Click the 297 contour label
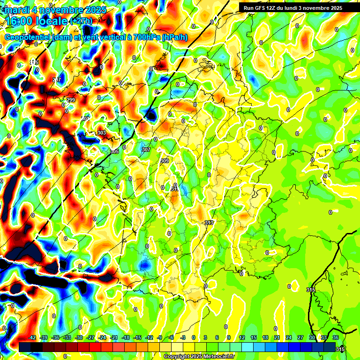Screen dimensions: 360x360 [57, 80]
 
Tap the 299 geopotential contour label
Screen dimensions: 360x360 [71, 100]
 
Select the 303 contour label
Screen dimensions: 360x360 [102, 133]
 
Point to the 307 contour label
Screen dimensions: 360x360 [146, 150]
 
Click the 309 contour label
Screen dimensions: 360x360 [164, 161]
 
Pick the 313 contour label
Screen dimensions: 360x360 [209, 223]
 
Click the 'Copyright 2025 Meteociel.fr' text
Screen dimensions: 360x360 [199, 357]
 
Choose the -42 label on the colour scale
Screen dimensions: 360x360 [32, 337]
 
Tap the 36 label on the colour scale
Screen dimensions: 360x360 [336, 337]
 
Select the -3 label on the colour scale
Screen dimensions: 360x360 [183, 337]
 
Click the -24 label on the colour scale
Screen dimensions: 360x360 [102, 337]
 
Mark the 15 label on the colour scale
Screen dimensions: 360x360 [253, 337]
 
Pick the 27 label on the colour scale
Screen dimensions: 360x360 [300, 337]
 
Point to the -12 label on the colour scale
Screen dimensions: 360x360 [149, 337]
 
